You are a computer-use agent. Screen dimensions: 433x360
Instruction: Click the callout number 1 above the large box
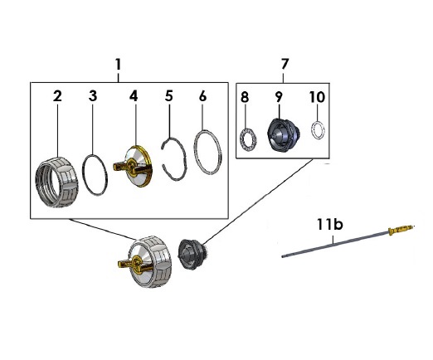click(119, 65)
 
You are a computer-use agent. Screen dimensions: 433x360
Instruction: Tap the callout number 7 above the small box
click(285, 64)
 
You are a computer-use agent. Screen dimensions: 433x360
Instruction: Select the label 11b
click(330, 224)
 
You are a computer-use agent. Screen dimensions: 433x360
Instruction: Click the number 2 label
click(57, 96)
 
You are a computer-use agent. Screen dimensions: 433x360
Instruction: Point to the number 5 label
click(169, 95)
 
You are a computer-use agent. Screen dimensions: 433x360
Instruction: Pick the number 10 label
click(317, 97)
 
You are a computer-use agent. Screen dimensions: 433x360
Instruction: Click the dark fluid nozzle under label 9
click(284, 135)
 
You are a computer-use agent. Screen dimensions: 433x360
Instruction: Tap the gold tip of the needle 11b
click(401, 229)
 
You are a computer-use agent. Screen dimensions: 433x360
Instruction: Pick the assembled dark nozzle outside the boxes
click(192, 255)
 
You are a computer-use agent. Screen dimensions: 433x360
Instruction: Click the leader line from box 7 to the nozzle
click(259, 201)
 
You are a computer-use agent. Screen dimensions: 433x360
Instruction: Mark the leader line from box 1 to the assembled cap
click(103, 229)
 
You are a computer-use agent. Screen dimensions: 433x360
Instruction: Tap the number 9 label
click(279, 97)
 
